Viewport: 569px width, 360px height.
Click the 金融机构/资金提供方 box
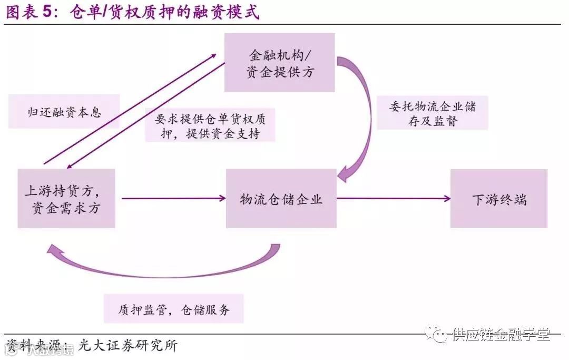[280, 63]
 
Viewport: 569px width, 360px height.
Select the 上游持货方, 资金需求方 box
[66, 198]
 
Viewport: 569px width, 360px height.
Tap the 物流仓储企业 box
[281, 199]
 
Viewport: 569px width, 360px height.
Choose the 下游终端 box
[498, 199]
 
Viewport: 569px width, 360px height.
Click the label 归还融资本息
[64, 112]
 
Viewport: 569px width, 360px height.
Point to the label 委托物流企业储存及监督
[433, 113]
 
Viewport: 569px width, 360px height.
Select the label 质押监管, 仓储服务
[174, 309]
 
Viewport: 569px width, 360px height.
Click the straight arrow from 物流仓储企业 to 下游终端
[393, 199]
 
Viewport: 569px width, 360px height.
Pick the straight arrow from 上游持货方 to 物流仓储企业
[173, 199]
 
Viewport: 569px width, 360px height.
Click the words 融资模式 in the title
[231, 12]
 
